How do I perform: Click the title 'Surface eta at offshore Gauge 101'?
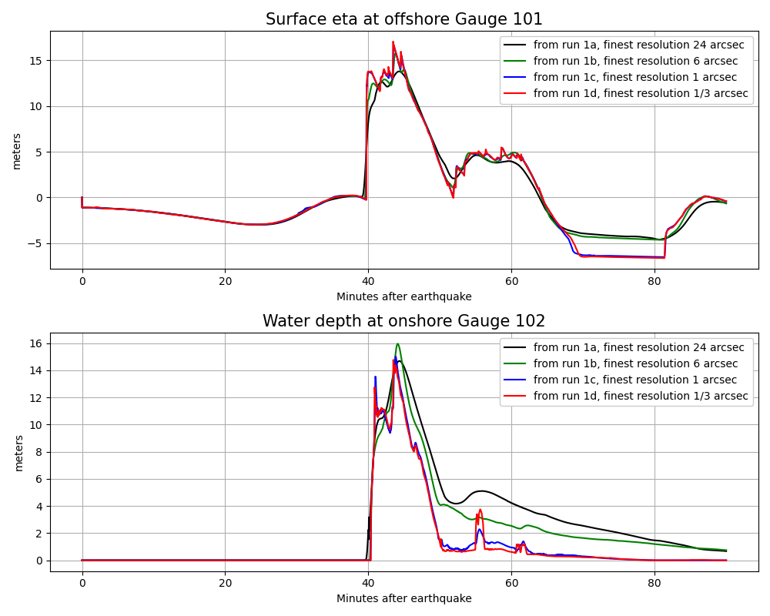404,19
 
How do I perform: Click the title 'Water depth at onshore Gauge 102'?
404,321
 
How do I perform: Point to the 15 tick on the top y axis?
40,60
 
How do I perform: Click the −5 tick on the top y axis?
38,243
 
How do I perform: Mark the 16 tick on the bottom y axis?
40,343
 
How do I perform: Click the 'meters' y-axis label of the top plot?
17,150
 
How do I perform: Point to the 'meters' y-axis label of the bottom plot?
19,452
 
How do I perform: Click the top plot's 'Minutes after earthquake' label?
404,296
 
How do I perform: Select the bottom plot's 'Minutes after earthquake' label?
404,598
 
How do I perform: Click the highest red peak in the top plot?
393,42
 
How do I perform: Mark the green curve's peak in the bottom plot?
397,343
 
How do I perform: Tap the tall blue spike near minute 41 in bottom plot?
375,377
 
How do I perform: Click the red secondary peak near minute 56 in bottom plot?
480,510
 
